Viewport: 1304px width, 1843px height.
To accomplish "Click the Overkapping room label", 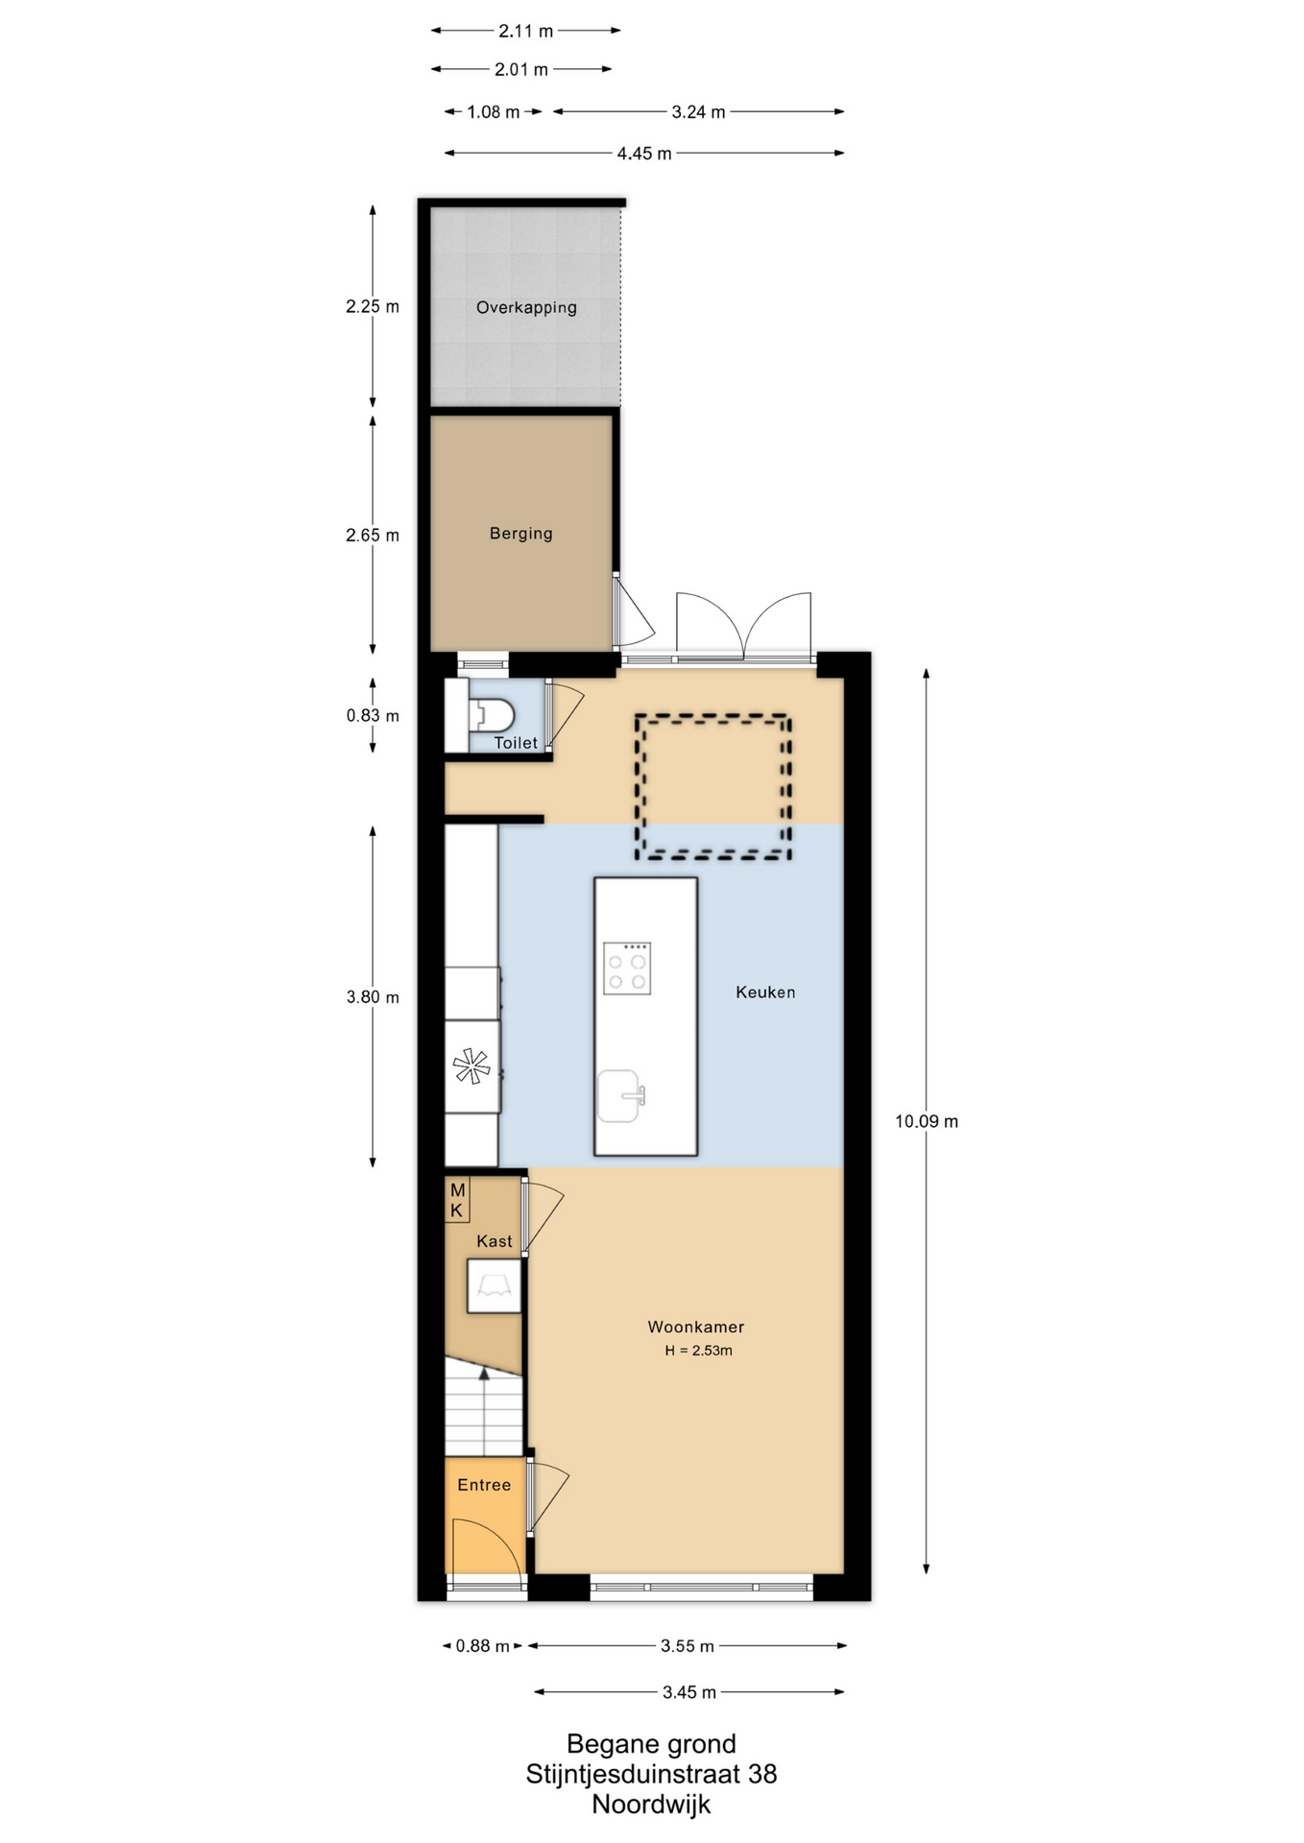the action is [526, 308].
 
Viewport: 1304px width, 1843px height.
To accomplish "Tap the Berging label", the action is [521, 534].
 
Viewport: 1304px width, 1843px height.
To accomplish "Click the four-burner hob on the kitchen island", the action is [627, 969].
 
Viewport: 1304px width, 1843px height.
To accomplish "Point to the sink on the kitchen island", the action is [620, 1096].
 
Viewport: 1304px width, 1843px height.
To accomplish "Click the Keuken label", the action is [765, 993].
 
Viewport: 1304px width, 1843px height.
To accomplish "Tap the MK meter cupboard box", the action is [457, 1200].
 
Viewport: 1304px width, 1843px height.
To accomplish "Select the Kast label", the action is [495, 1241].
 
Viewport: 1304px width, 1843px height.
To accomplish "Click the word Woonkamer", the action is [696, 1327].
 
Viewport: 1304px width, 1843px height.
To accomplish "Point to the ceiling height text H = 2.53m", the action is [698, 1351].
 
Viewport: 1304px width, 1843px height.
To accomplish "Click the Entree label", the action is [484, 1485].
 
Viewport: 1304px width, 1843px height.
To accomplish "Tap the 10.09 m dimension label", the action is [927, 1121].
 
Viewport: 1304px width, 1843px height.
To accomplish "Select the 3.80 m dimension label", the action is [373, 997].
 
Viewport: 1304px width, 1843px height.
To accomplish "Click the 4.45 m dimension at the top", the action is [644, 154].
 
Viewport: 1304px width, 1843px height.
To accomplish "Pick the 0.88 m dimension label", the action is [483, 1646].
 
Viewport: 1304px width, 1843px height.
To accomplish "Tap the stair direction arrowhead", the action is [485, 1374].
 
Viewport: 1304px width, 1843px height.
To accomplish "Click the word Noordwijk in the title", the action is [651, 1805].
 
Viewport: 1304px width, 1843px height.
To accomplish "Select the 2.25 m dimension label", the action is [373, 307].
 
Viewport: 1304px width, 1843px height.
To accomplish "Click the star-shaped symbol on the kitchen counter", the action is [471, 1066].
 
